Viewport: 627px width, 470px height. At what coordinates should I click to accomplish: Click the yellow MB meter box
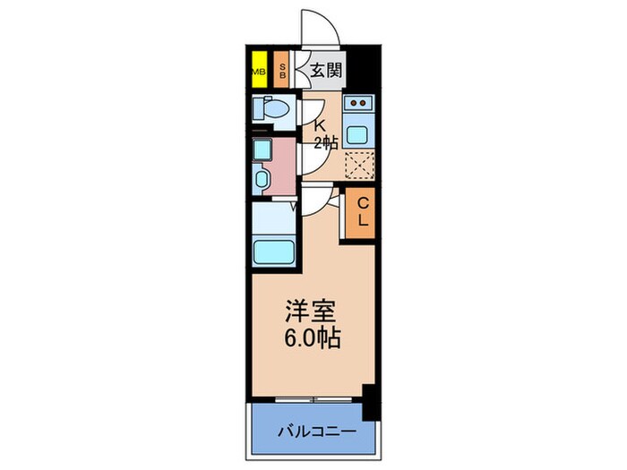258,72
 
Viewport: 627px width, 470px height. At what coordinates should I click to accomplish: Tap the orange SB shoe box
281,72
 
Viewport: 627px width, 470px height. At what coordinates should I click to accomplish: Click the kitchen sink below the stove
359,135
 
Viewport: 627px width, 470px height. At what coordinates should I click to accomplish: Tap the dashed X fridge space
359,167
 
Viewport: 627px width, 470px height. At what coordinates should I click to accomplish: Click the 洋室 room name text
311,314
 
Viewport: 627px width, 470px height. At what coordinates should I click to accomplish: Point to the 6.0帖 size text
313,340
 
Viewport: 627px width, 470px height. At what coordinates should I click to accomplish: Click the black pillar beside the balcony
368,400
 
